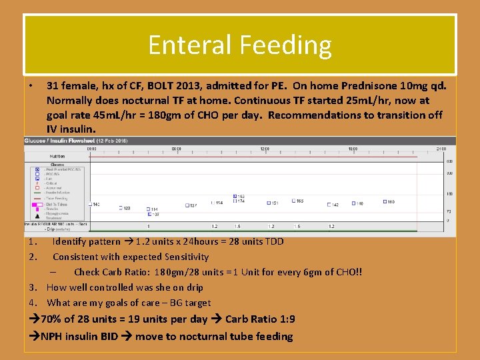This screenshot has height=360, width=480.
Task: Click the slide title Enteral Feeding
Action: pos(239,45)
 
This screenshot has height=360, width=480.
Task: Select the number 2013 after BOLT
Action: pos(189,86)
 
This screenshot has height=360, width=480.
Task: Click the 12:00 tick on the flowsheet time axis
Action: pos(265,149)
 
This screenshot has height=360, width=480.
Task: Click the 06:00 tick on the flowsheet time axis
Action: pos(176,149)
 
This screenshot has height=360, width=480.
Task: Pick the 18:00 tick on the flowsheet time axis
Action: pos(353,149)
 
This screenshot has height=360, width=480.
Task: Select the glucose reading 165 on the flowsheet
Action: pos(299,201)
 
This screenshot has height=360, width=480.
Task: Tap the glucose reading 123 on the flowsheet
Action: pos(127,208)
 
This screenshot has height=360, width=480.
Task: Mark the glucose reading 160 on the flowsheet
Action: pos(391,201)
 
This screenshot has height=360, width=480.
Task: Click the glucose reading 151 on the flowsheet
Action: pos(274,203)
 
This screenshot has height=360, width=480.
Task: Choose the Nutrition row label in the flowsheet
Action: pos(57,156)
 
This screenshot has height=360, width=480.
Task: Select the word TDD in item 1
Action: pos(273,241)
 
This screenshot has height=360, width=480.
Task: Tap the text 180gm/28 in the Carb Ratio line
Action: pos(173,272)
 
